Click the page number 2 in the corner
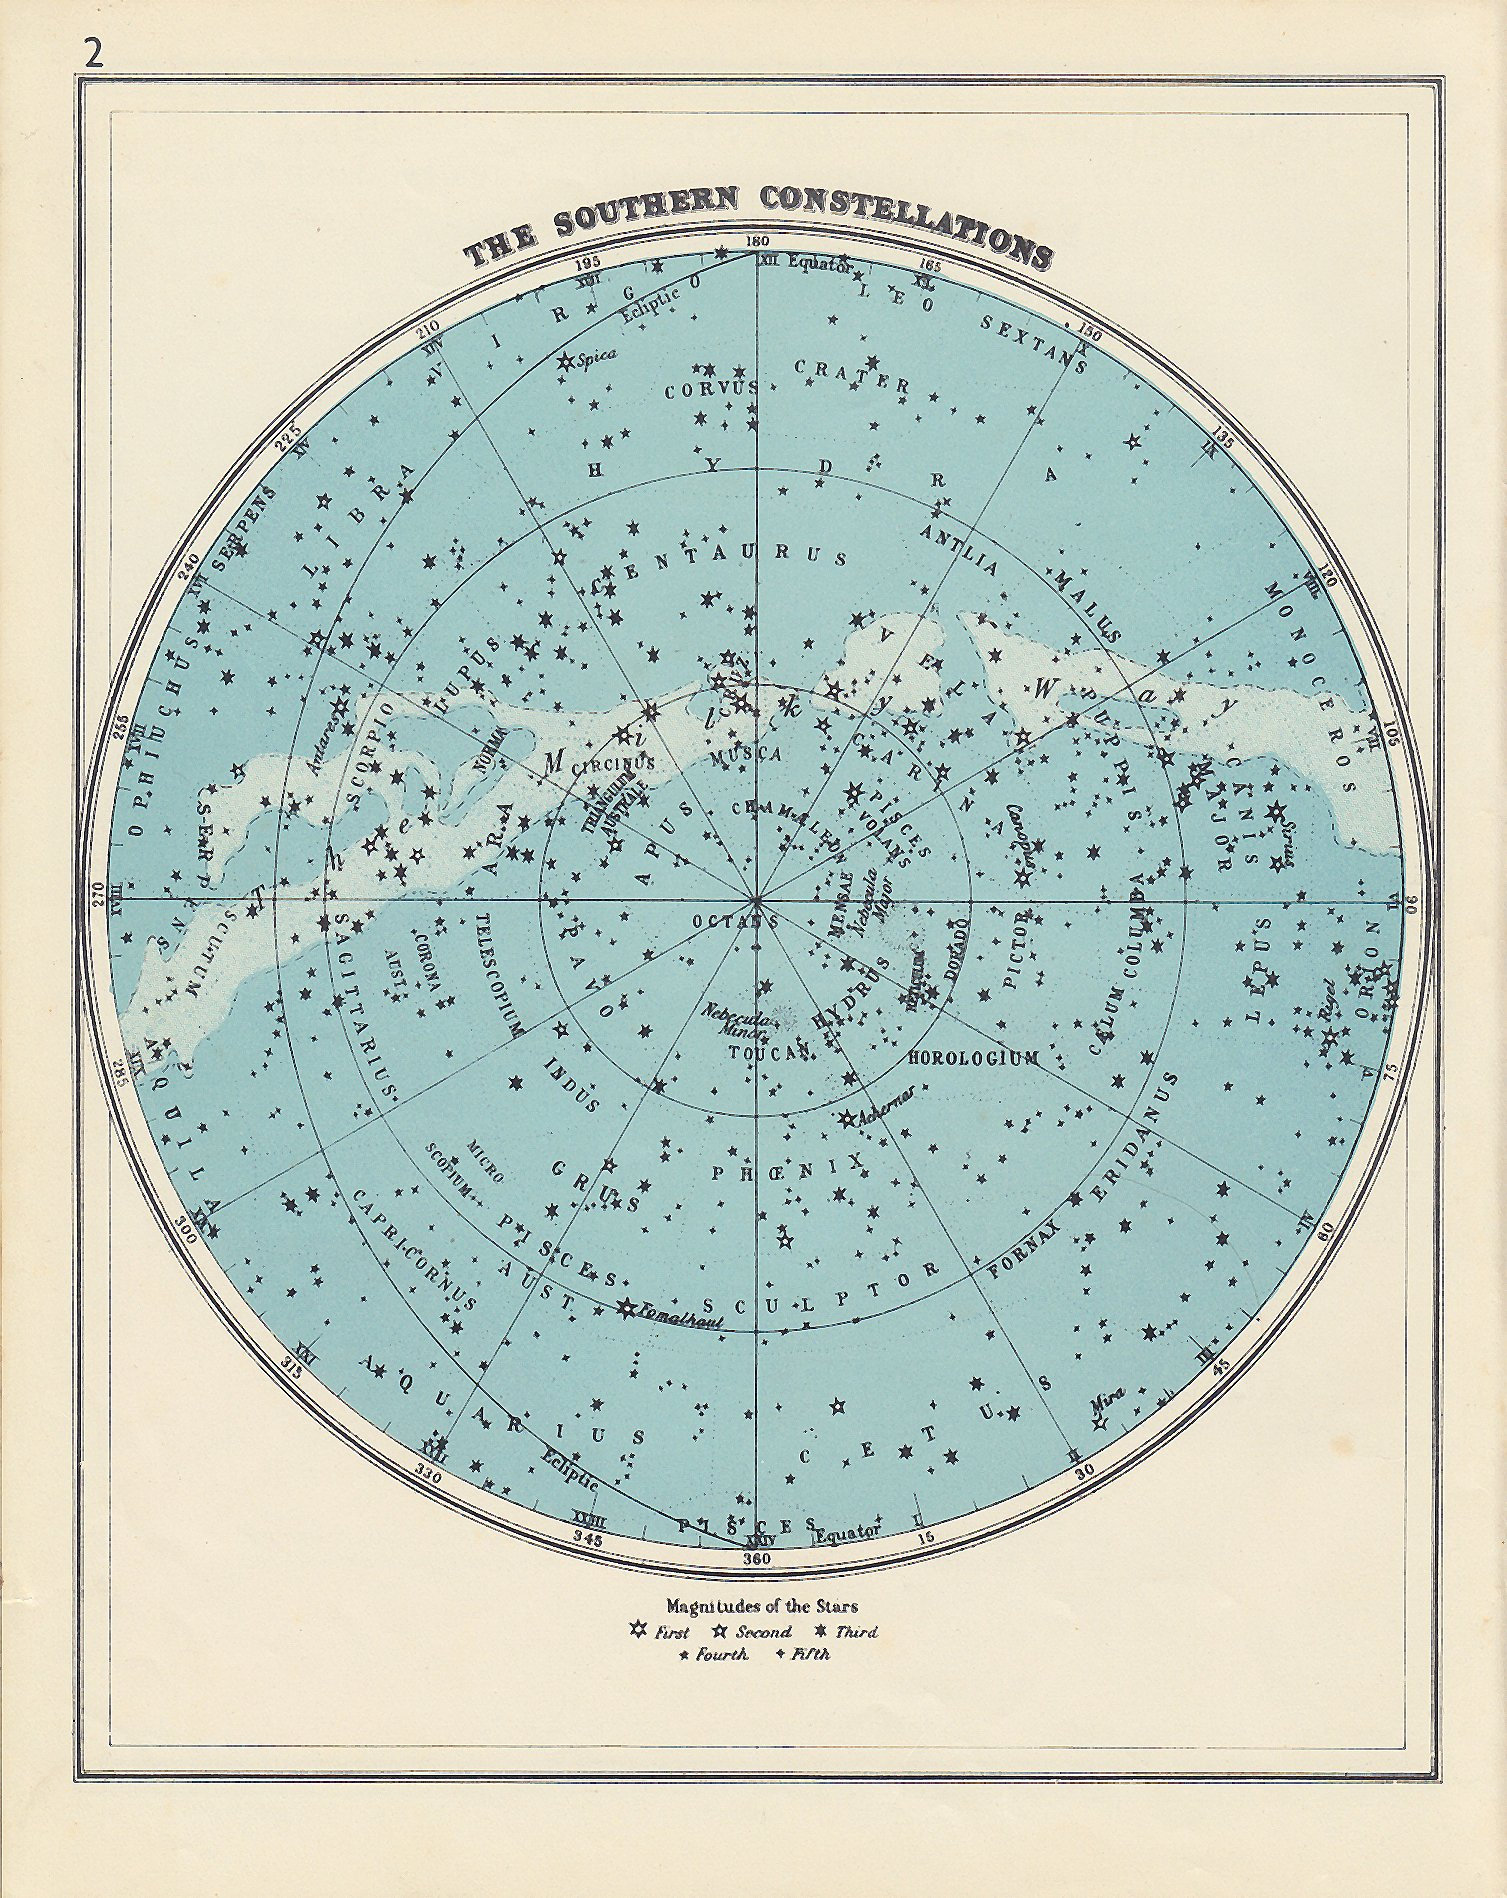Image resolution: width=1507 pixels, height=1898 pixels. pyautogui.click(x=93, y=54)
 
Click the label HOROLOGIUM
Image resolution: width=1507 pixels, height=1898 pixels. pyautogui.click(x=974, y=1058)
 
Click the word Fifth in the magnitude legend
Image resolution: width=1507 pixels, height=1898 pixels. pyautogui.click(x=811, y=1654)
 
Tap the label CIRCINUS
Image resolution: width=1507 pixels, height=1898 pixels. pyautogui.click(x=613, y=763)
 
